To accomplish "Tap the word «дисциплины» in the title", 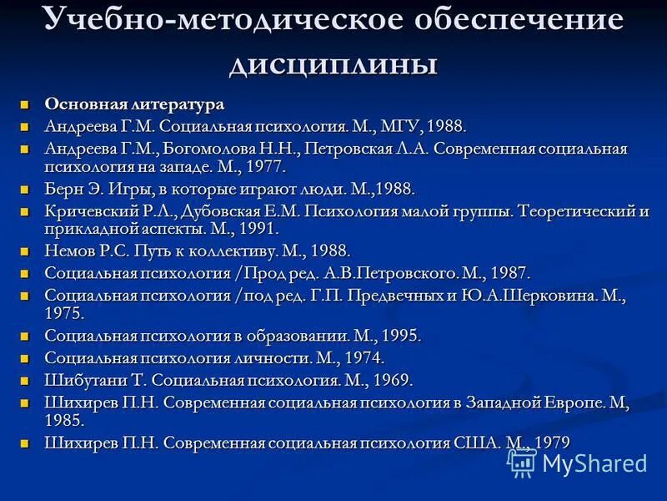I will [x=333, y=63].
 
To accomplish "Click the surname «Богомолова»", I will [x=211, y=149].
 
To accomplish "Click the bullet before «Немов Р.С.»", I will [x=25, y=250].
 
